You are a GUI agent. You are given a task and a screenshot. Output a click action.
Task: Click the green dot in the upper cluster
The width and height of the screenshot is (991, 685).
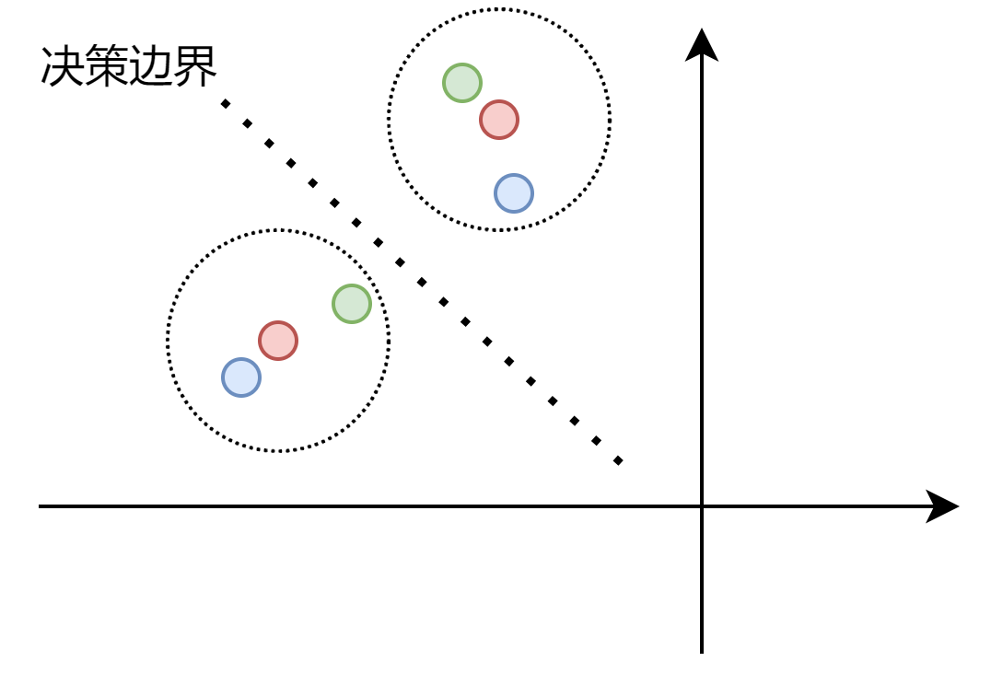point(462,83)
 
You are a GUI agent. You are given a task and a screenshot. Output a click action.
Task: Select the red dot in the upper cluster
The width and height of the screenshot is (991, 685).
point(499,120)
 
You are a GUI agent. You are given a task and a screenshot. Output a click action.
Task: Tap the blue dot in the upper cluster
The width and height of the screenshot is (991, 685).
point(514,193)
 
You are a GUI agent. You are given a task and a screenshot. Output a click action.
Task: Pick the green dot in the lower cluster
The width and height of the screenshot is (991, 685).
point(352,304)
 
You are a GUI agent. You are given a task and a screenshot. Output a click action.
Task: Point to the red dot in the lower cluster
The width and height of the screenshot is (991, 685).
point(278,341)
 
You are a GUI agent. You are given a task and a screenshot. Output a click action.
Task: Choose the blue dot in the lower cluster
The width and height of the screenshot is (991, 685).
point(241,377)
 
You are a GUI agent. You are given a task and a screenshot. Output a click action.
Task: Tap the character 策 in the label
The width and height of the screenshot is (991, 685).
point(107,67)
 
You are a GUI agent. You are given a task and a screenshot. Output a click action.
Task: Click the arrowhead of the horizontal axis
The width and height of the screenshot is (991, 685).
point(945,506)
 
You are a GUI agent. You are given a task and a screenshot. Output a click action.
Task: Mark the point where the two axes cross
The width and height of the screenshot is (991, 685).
point(702,506)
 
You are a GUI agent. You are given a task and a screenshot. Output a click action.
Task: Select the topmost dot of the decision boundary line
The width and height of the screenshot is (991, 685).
point(225,103)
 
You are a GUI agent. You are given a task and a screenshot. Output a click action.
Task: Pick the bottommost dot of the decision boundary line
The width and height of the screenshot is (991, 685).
point(618,460)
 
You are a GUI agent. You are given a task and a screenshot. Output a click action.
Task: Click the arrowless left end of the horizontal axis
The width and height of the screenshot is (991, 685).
point(41,506)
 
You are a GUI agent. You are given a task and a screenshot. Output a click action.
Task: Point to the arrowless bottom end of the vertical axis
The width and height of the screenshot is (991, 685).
point(702,652)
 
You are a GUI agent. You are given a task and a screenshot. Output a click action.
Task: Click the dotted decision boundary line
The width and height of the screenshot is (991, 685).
point(422,282)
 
